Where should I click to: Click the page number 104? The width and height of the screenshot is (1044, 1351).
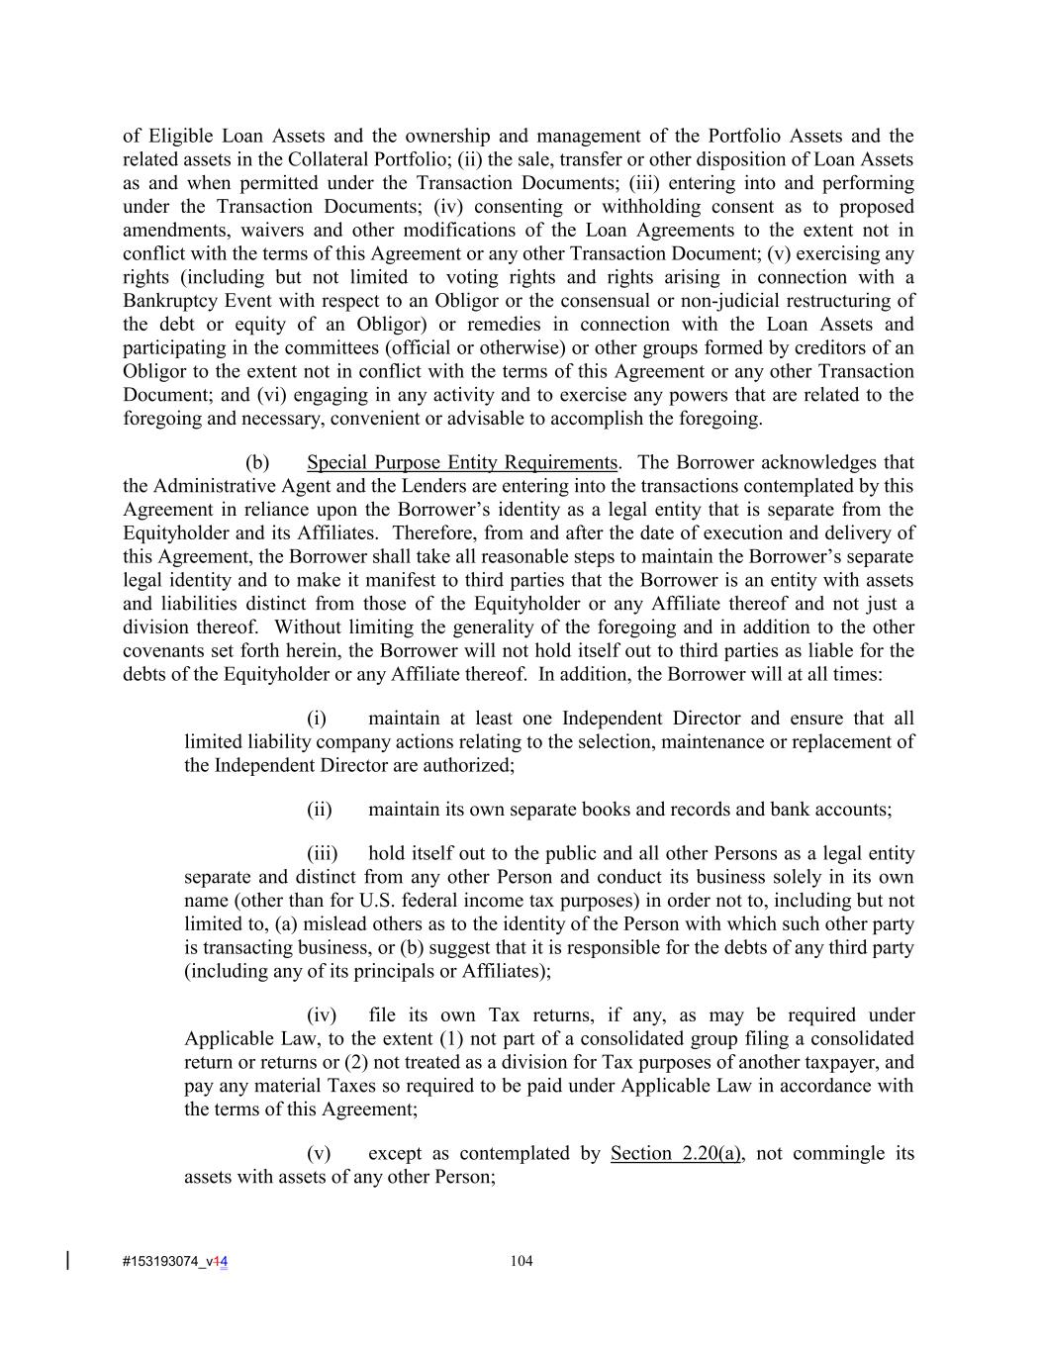pyautogui.click(x=522, y=1260)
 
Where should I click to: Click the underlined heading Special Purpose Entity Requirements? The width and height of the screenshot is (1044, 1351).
pyautogui.click(x=462, y=462)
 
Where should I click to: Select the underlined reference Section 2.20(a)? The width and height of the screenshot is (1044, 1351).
pyautogui.click(x=675, y=1153)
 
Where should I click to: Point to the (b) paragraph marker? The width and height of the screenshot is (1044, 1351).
pyautogui.click(x=257, y=462)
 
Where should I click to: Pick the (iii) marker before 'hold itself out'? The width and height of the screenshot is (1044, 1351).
pyautogui.click(x=322, y=853)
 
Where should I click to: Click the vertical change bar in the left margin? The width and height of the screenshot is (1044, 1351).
pyautogui.click(x=67, y=1260)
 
